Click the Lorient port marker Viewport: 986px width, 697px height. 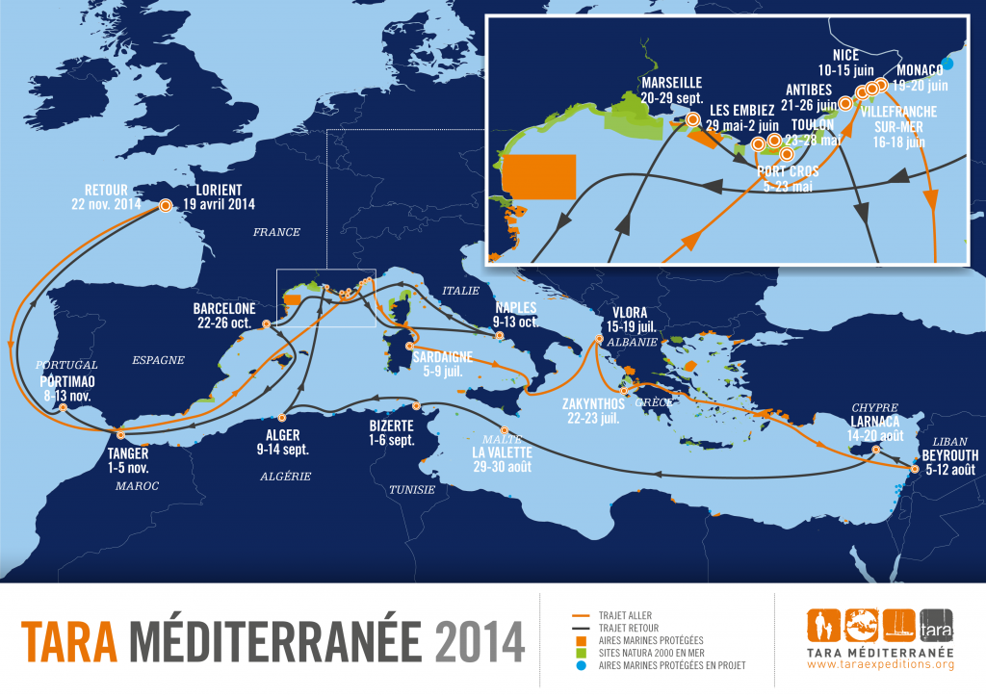(x=166, y=205)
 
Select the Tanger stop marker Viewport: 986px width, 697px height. (x=119, y=436)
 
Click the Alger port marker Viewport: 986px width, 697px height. (x=282, y=418)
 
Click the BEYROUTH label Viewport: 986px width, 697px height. (x=950, y=455)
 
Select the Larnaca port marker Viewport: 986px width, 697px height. (x=875, y=450)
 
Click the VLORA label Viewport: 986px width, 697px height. (x=628, y=313)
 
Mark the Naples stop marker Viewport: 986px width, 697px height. (x=499, y=336)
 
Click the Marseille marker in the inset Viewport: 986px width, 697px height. (x=691, y=121)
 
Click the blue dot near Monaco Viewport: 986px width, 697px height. (x=948, y=65)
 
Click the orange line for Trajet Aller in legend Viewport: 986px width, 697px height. (x=578, y=615)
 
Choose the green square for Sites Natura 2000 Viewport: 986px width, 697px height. (x=578, y=652)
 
